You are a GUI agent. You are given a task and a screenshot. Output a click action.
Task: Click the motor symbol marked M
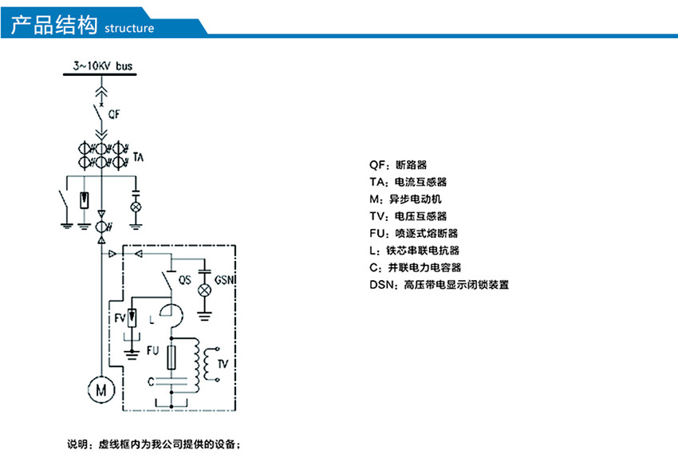tap(101, 389)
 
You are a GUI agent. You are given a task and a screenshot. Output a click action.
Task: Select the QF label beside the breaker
tap(115, 115)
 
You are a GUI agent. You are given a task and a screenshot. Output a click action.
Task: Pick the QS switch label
tap(183, 280)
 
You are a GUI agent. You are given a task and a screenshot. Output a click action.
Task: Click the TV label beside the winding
tap(223, 363)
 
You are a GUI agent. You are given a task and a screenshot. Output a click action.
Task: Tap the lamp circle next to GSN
tap(203, 288)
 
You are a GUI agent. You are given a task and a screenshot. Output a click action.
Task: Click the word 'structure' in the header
tap(129, 29)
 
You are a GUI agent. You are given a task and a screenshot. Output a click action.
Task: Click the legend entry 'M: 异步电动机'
tap(411, 199)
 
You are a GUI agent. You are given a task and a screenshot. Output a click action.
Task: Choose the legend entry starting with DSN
tap(439, 284)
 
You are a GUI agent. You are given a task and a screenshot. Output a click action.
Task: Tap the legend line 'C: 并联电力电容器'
tap(415, 267)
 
